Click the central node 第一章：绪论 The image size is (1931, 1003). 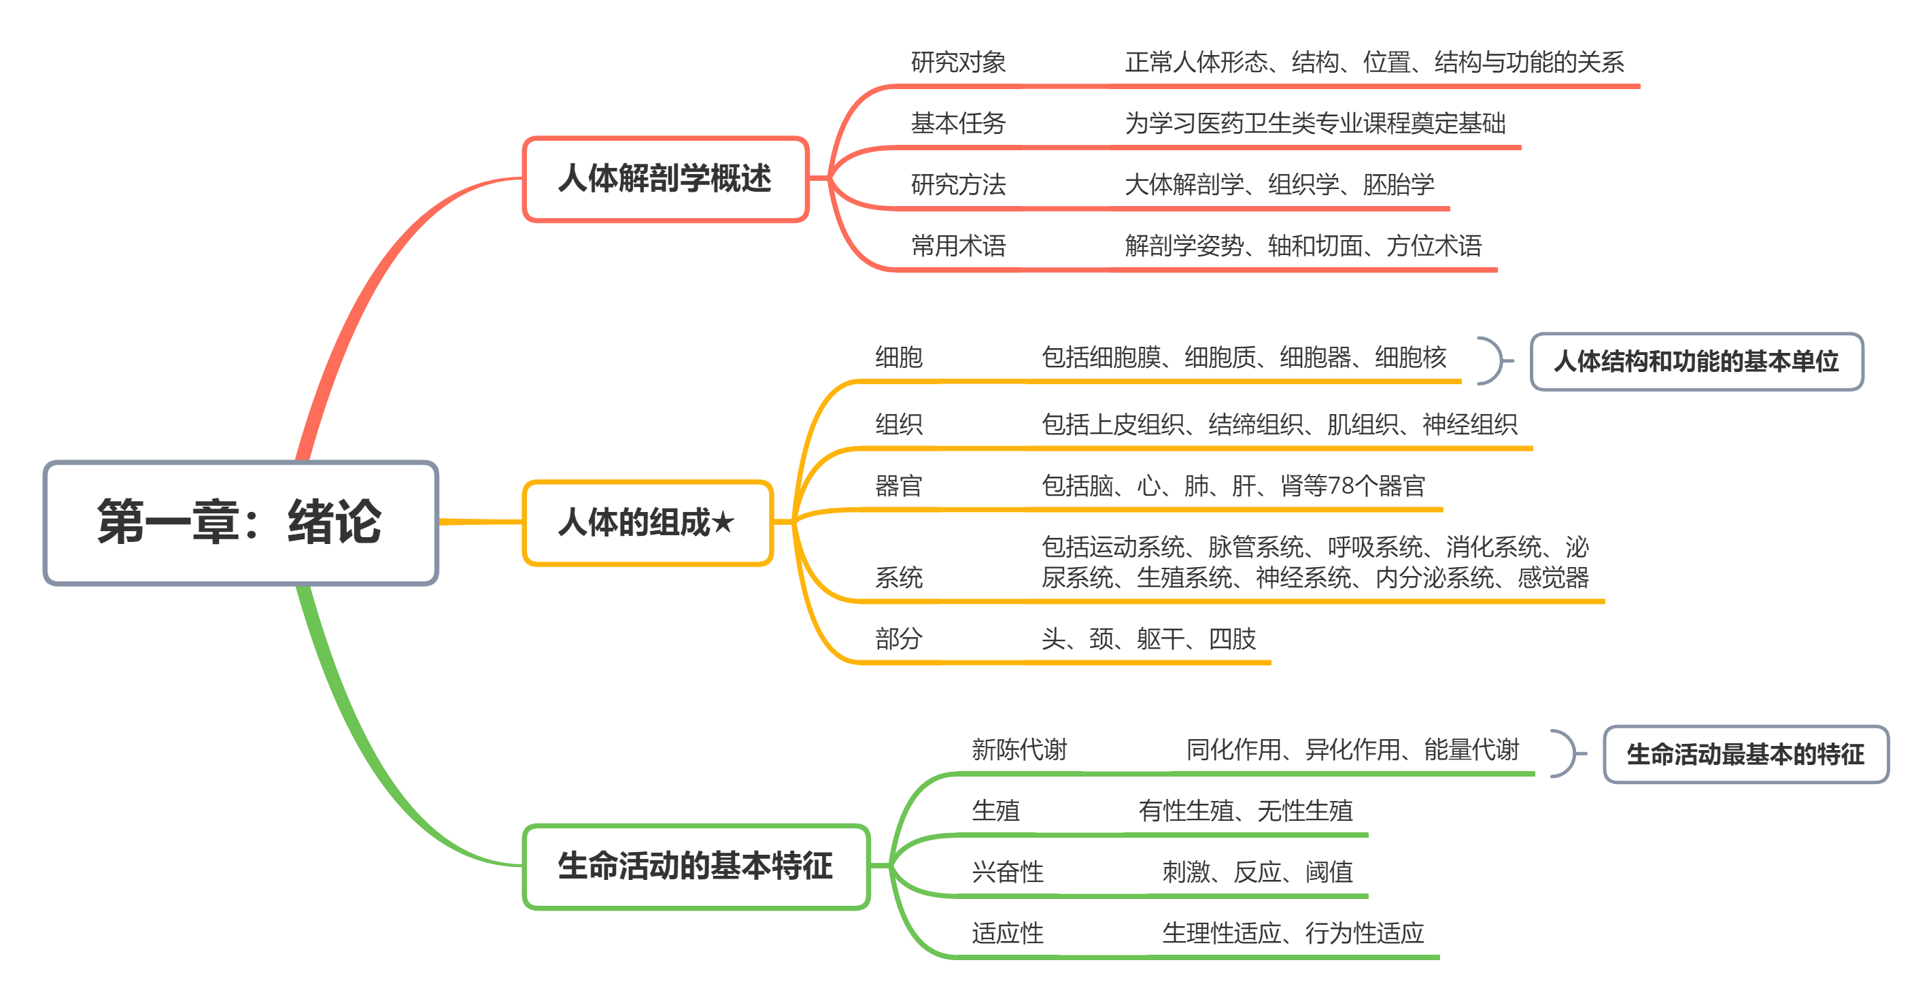[240, 522]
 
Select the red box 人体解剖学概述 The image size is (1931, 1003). [665, 179]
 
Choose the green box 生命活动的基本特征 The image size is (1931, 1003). [696, 866]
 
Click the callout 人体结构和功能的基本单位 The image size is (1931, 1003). [1696, 361]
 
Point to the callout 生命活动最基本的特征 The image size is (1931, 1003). [1745, 754]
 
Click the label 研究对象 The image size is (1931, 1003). [958, 62]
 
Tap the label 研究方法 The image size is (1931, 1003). [958, 184]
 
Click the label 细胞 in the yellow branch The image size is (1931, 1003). [899, 358]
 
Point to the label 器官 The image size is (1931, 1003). [899, 486]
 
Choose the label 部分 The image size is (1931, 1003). [899, 639]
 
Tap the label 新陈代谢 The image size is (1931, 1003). [1019, 749]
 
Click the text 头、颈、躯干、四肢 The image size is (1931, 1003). [1148, 639]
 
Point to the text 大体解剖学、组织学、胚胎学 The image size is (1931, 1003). [1279, 184]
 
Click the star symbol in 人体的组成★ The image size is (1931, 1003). [723, 522]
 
